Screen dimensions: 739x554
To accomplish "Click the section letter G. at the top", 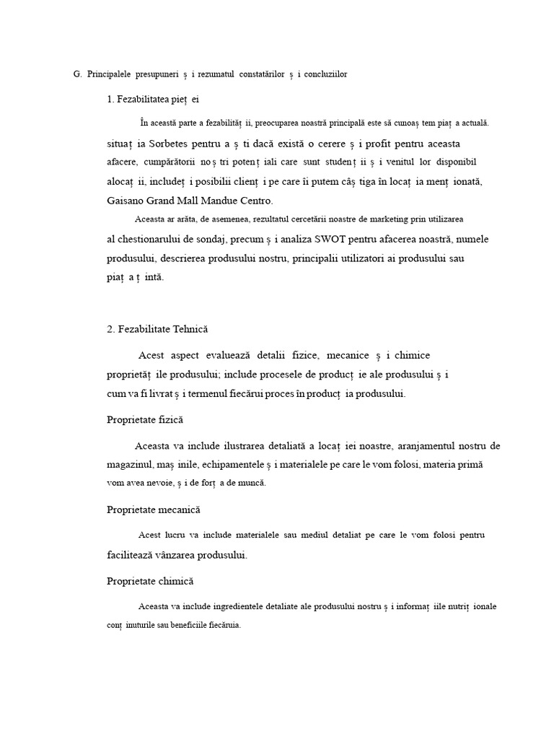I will point(77,74).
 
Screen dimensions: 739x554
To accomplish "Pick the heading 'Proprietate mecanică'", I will point(153,510).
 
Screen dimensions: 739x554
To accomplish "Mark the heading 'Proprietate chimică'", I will point(150,581).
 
